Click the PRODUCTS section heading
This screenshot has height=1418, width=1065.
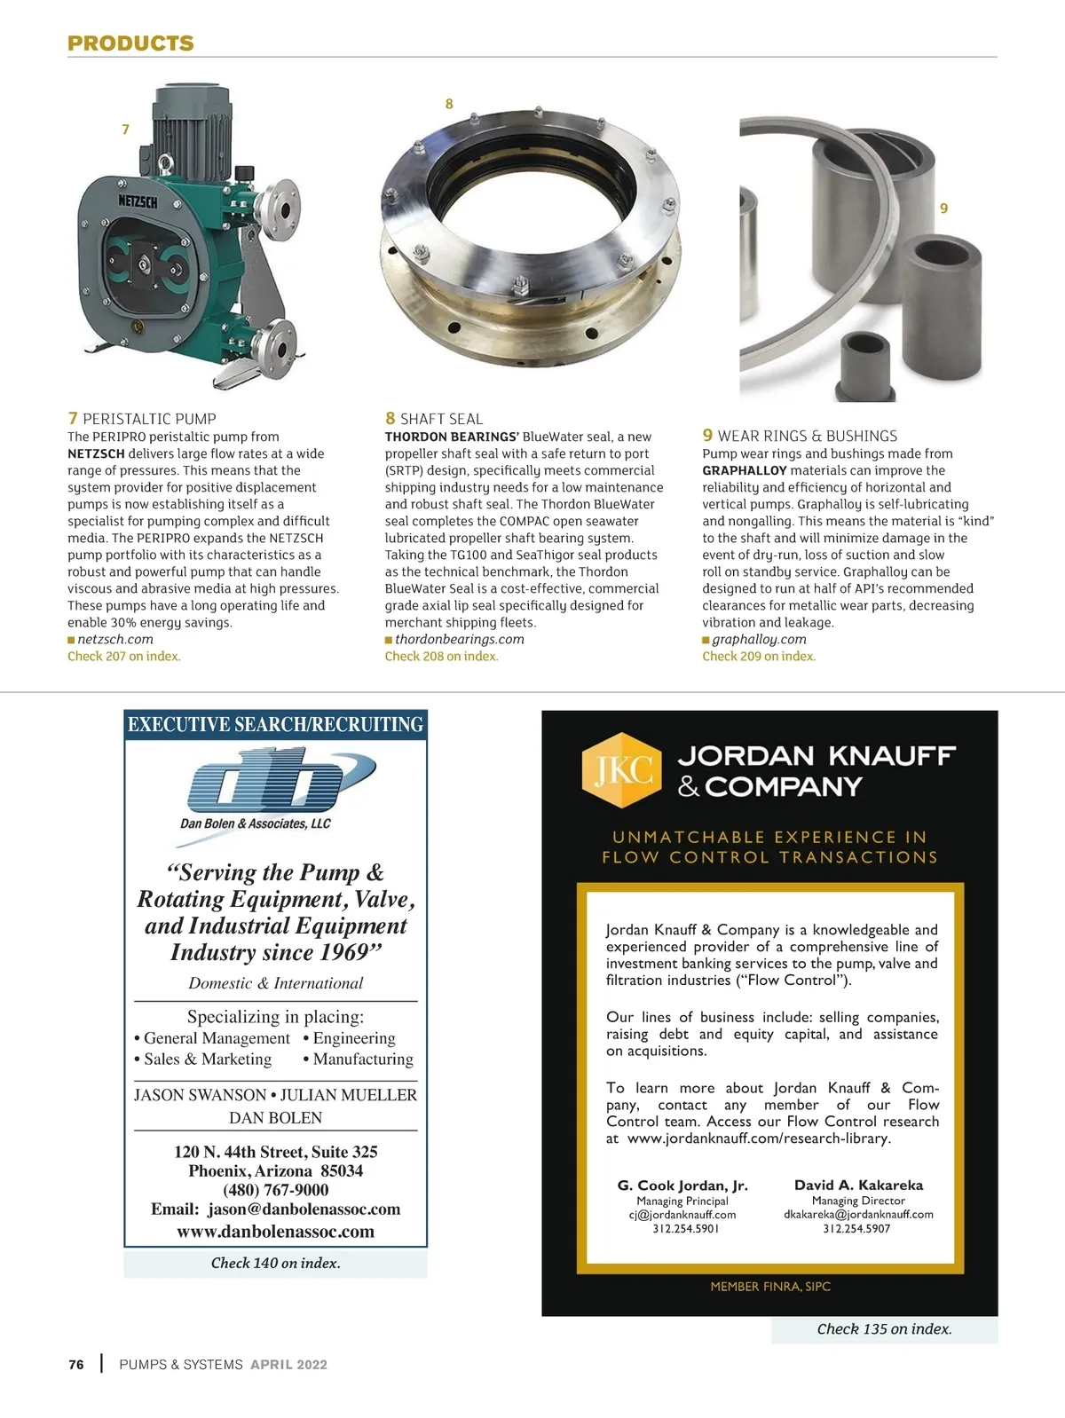(130, 43)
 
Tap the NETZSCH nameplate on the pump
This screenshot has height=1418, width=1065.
(138, 202)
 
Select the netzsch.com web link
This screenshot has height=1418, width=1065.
(114, 639)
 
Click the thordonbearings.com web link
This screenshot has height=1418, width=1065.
(459, 639)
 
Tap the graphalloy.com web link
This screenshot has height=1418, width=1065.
(759, 639)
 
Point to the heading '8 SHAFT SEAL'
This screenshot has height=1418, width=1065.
(434, 419)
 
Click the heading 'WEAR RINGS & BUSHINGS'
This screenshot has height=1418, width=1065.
(807, 436)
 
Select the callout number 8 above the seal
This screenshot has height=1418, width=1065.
(449, 104)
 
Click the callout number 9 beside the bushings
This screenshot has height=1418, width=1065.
(943, 209)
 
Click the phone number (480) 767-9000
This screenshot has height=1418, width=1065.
(276, 1190)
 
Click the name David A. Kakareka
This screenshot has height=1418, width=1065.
(858, 1186)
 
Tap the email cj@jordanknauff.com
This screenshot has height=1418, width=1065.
(682, 1215)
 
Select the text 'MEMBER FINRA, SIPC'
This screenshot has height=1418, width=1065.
(770, 1286)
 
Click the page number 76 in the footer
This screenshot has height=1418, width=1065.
(76, 1365)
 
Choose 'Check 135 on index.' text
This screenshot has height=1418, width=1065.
(884, 1328)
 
